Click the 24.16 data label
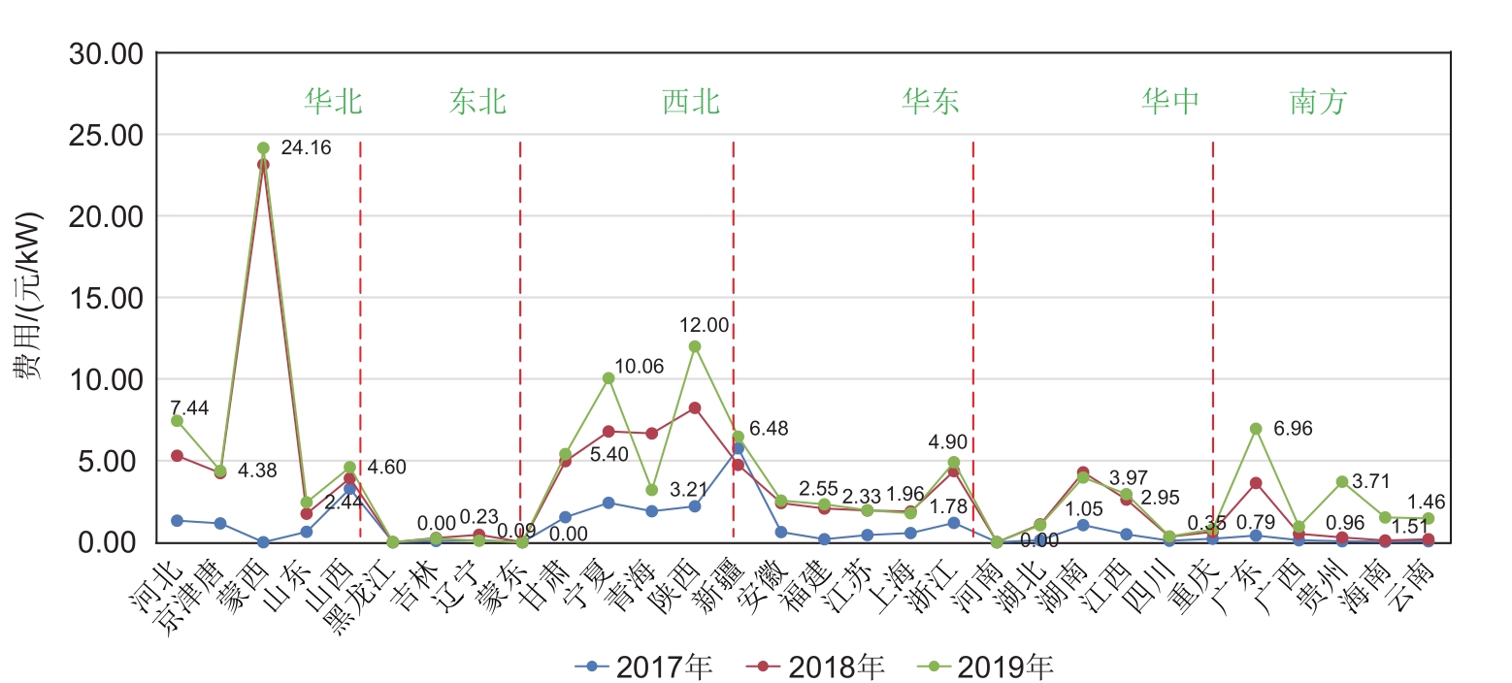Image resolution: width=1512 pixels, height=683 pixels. pyautogui.click(x=306, y=148)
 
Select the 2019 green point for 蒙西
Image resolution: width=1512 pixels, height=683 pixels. pyautogui.click(x=263, y=148)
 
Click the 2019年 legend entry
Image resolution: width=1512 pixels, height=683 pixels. pyautogui.click(x=1004, y=667)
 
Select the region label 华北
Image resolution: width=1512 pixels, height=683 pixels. pyautogui.click(x=333, y=101)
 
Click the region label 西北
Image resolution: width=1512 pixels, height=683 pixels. pyautogui.click(x=691, y=101)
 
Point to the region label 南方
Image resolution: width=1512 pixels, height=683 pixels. pyautogui.click(x=1318, y=101)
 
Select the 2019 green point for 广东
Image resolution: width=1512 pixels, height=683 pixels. pyautogui.click(x=1256, y=429)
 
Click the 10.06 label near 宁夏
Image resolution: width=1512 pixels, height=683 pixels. pyautogui.click(x=640, y=367)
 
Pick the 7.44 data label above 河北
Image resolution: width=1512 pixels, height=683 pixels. pyautogui.click(x=189, y=408)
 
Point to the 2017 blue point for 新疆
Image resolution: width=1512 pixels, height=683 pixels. pyautogui.click(x=738, y=448)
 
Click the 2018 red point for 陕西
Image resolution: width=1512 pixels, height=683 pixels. pyautogui.click(x=695, y=408)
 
